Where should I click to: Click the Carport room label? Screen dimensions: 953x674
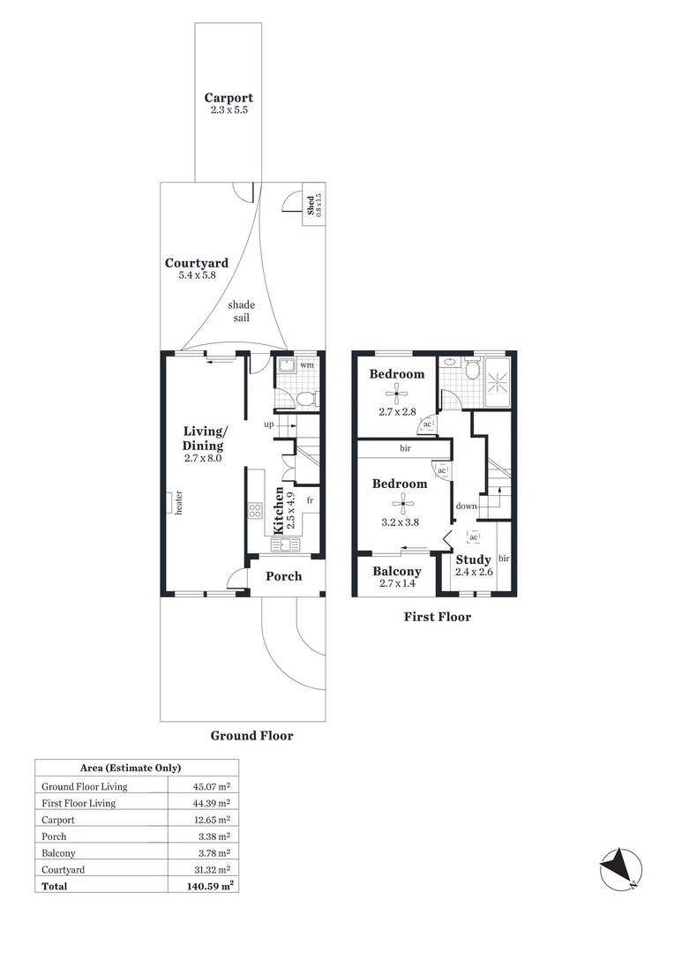pyautogui.click(x=228, y=98)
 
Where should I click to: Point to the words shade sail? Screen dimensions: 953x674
pyautogui.click(x=241, y=311)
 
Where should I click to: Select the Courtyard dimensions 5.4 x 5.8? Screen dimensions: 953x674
pyautogui.click(x=197, y=275)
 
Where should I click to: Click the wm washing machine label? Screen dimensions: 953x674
pyautogui.click(x=306, y=364)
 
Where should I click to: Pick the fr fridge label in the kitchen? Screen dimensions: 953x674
pyautogui.click(x=310, y=500)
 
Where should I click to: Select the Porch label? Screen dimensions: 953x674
pyautogui.click(x=284, y=576)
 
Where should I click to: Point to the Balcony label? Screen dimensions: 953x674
pyautogui.click(x=396, y=571)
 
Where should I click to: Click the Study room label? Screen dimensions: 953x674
pyautogui.click(x=474, y=559)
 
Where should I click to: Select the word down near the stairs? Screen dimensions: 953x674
pyautogui.click(x=467, y=507)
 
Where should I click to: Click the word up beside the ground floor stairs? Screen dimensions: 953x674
pyautogui.click(x=268, y=424)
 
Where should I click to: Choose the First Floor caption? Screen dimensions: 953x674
pyautogui.click(x=438, y=617)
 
